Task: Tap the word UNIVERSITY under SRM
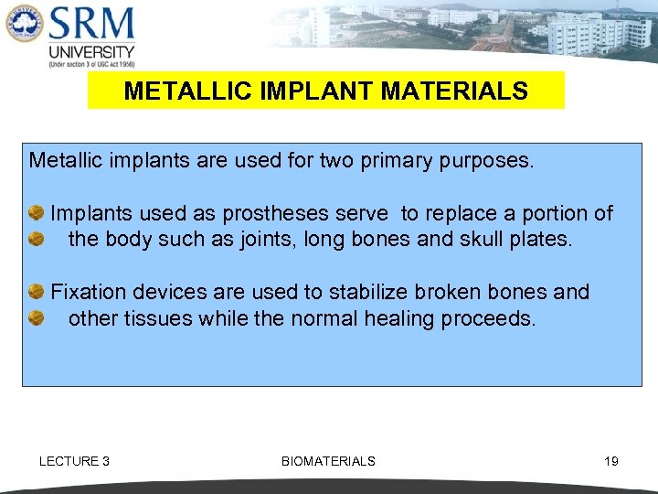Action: (x=91, y=52)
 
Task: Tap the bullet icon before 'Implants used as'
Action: (x=37, y=213)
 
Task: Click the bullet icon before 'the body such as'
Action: (x=37, y=239)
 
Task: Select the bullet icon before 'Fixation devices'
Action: (x=37, y=292)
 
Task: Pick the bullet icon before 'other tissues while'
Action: (x=37, y=318)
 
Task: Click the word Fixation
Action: (x=89, y=292)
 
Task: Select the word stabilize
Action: (x=368, y=292)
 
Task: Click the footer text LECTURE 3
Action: (x=74, y=461)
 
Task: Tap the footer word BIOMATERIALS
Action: (x=328, y=461)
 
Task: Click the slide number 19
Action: (x=611, y=461)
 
